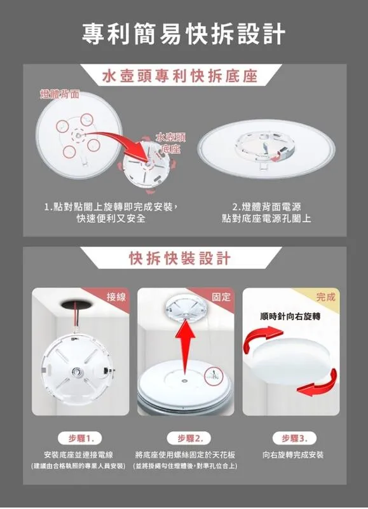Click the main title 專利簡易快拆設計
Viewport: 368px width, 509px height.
point(184,34)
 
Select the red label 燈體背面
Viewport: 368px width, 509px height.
point(60,94)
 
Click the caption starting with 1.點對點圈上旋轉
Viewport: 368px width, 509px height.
point(111,213)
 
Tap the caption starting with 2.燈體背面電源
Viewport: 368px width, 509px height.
point(266,213)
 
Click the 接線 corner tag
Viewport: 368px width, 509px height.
point(116,297)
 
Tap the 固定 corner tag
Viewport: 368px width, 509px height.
point(221,297)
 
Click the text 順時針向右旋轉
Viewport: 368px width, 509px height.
point(290,316)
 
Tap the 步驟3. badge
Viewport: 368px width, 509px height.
point(293,438)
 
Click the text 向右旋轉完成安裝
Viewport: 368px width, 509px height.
point(293,455)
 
